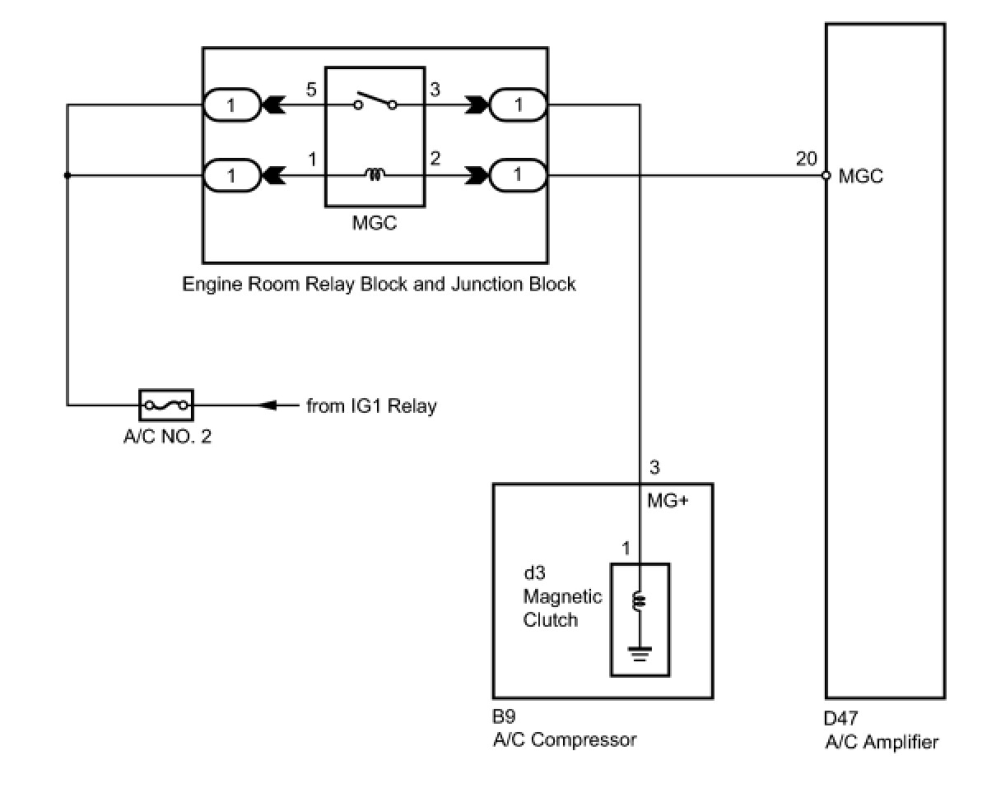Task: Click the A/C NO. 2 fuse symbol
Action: tap(167, 405)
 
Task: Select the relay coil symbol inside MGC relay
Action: tap(375, 174)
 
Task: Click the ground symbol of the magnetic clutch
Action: tap(639, 655)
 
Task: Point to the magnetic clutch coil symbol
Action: tap(639, 603)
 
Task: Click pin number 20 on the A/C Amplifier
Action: tap(806, 159)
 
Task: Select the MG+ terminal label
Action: tap(668, 500)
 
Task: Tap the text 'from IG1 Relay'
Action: tap(371, 405)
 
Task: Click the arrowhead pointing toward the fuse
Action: tap(268, 405)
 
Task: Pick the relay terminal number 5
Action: tap(311, 90)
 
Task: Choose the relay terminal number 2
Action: tap(435, 159)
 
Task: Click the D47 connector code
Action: tap(841, 719)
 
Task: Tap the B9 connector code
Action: tap(504, 716)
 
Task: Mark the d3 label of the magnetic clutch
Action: tap(534, 573)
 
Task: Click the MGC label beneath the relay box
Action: tap(375, 223)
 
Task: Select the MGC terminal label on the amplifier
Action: tap(860, 176)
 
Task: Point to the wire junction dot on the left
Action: tap(67, 175)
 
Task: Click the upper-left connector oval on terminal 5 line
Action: tap(231, 105)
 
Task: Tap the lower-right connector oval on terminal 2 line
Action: tap(519, 175)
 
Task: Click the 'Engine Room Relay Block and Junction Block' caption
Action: tap(379, 285)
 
